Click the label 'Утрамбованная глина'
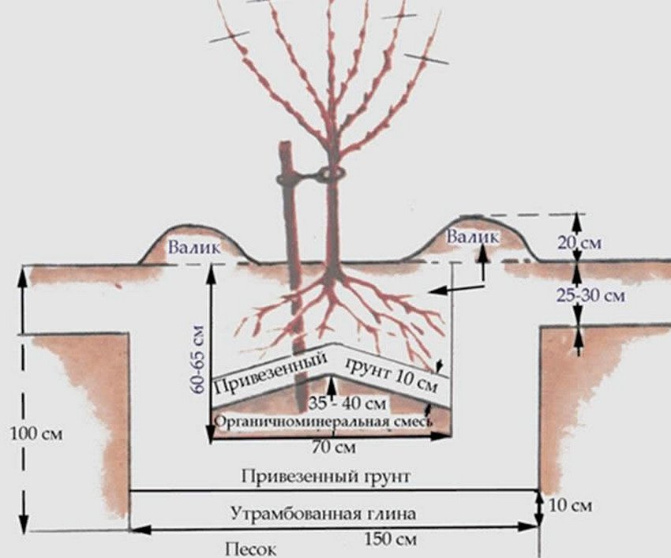click(x=324, y=513)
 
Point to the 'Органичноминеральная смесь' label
click(x=323, y=422)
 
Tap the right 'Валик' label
click(x=472, y=237)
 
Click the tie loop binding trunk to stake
click(x=329, y=174)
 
